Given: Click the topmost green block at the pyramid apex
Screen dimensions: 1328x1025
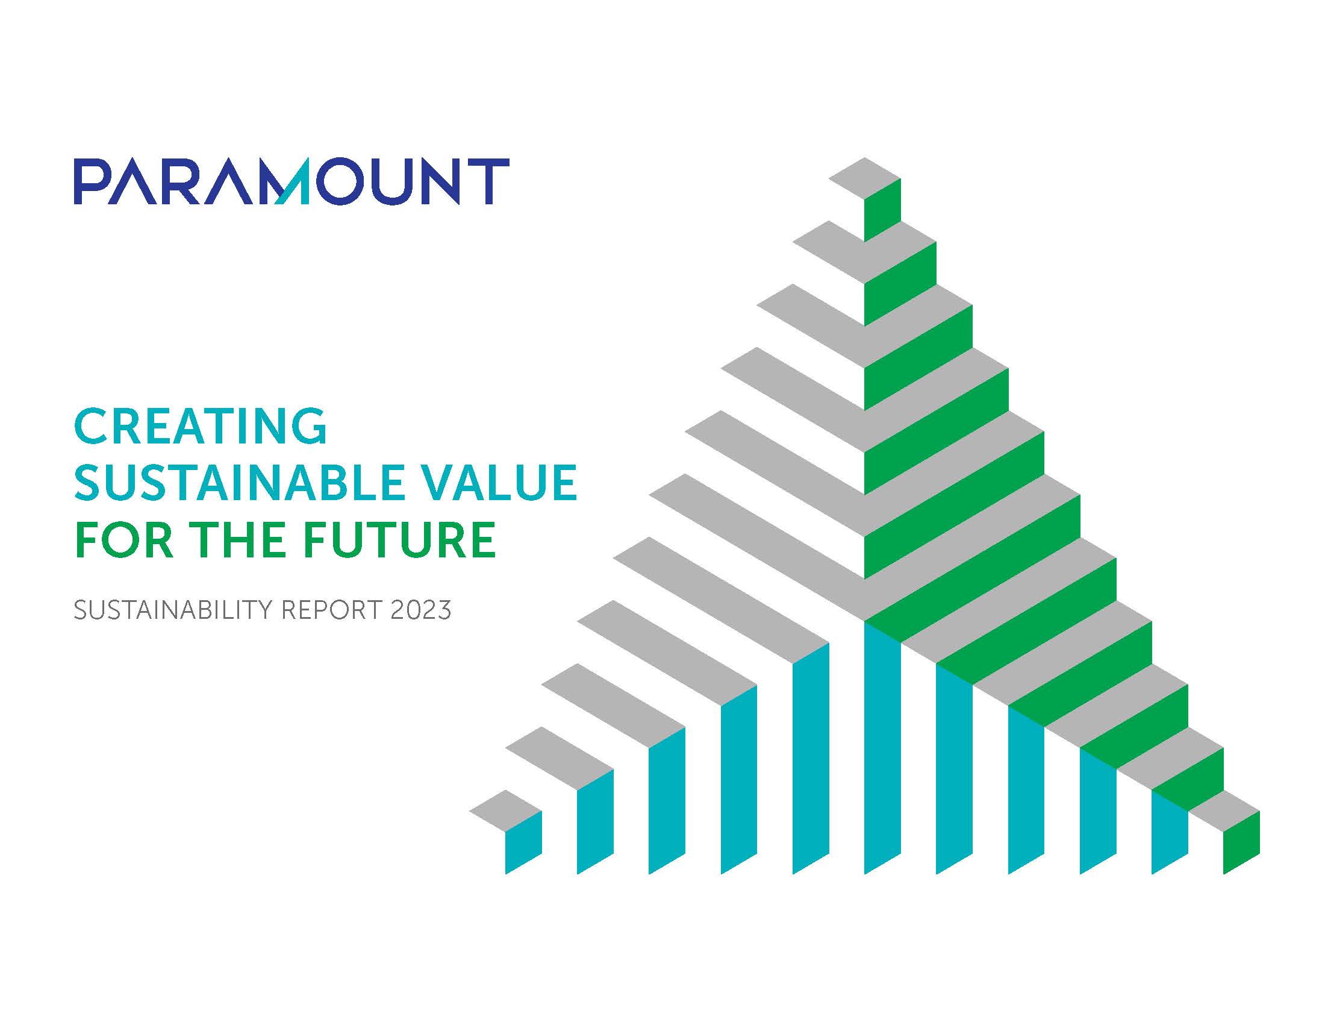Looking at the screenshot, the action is (x=882, y=210).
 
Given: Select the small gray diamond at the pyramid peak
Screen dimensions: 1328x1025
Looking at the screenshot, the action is (x=865, y=178).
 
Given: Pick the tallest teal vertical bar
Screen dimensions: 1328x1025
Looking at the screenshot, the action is (x=882, y=748).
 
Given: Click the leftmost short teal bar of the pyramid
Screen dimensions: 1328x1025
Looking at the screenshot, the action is (x=523, y=842).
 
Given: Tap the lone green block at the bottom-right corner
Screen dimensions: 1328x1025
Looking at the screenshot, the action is (x=1241, y=842).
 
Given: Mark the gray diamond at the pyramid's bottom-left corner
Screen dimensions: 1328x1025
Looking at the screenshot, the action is (x=505, y=810).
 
